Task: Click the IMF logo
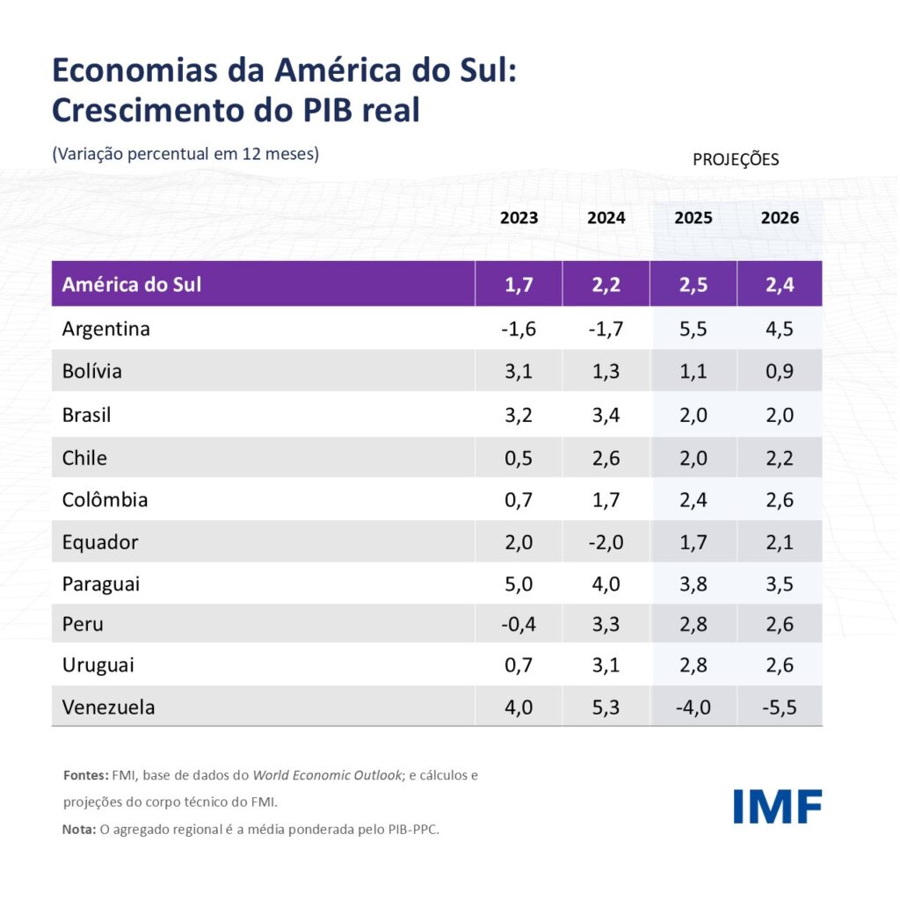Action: click(777, 807)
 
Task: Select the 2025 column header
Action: click(693, 218)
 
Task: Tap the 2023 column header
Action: click(519, 218)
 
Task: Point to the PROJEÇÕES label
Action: click(736, 160)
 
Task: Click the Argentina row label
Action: click(106, 329)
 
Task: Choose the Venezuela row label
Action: click(108, 707)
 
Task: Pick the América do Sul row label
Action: click(132, 285)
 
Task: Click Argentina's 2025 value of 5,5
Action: click(693, 329)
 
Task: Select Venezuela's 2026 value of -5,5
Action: click(779, 707)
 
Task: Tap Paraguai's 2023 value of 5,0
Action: click(519, 584)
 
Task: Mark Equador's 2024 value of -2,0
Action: click(606, 542)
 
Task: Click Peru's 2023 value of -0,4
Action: click(519, 624)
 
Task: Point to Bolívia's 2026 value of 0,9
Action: click(780, 371)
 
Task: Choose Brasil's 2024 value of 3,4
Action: click(606, 414)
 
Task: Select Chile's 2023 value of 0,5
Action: click(519, 457)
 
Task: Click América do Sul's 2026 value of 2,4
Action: click(780, 285)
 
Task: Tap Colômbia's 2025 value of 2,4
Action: click(693, 500)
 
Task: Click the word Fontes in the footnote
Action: click(85, 776)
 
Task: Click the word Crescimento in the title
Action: click(150, 111)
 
